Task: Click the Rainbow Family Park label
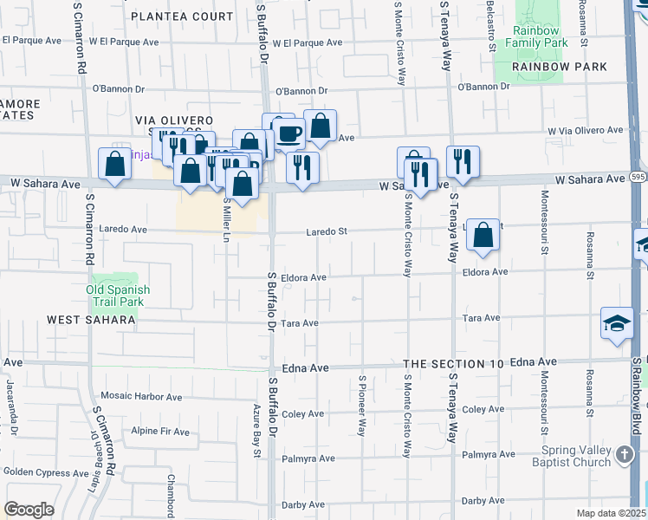(x=536, y=36)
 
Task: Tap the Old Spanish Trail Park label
(x=119, y=296)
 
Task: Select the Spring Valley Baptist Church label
(x=576, y=456)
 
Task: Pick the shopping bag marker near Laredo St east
(x=483, y=235)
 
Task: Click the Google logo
(x=29, y=510)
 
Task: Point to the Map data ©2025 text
(x=610, y=513)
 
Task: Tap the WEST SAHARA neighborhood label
(x=91, y=320)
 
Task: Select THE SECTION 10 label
(x=454, y=364)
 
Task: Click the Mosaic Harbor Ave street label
(x=141, y=397)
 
